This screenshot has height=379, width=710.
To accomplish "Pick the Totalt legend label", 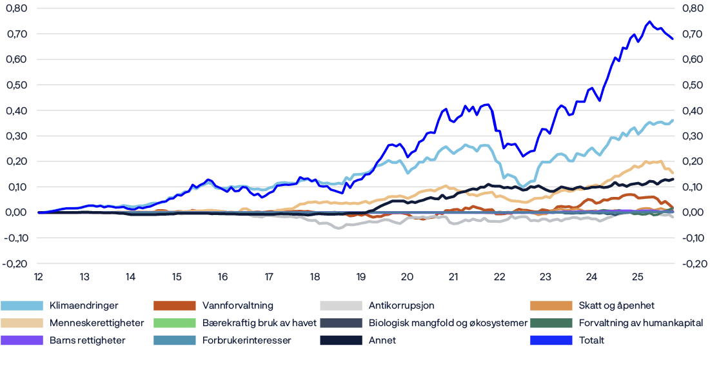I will coord(592,340).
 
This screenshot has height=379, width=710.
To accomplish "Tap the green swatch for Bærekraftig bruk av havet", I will coord(174,323).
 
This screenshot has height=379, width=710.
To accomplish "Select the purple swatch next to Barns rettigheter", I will coord(22,340).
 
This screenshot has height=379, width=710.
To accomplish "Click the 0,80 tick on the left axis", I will coord(16,8).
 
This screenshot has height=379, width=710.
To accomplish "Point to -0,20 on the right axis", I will coord(692,263).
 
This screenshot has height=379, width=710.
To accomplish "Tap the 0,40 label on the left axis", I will coord(16,110).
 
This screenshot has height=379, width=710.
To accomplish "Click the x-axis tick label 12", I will coord(39,277).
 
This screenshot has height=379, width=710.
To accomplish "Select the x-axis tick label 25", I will coord(637,277).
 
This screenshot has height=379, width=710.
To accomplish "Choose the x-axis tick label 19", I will coord(360,277).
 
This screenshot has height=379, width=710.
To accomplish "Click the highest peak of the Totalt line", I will coord(649,21).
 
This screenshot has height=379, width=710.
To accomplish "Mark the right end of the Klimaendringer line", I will coord(673,120).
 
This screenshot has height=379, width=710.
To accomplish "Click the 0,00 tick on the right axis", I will coord(693,212).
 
